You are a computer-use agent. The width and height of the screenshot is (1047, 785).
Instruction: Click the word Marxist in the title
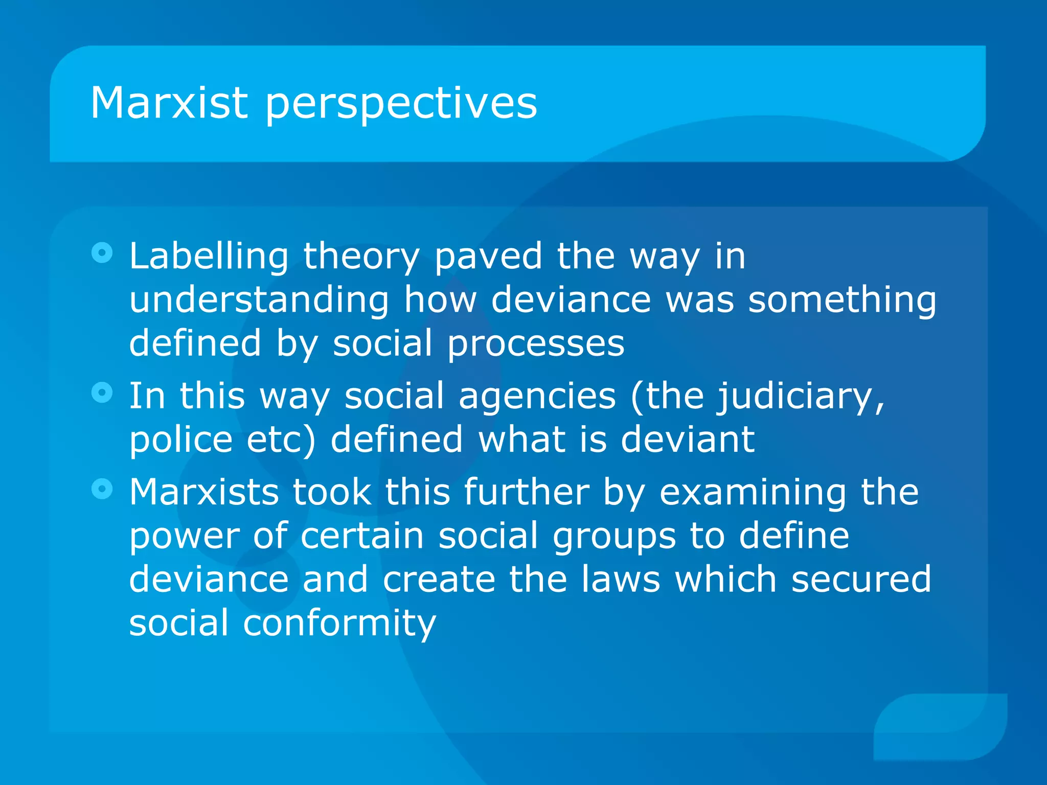(169, 103)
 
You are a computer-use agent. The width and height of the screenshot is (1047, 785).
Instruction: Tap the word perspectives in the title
(401, 104)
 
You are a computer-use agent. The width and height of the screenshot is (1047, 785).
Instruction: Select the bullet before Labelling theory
(102, 252)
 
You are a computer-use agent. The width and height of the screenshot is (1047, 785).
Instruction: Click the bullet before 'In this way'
(102, 392)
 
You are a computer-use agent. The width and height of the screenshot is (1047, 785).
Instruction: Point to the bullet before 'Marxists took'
(102, 489)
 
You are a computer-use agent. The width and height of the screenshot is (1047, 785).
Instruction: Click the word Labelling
(209, 257)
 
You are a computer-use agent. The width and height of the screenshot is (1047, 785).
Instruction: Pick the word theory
(361, 257)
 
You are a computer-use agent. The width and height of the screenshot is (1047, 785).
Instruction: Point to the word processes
(536, 344)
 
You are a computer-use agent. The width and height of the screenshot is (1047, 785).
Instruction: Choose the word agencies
(537, 397)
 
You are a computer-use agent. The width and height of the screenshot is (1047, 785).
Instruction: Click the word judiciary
(801, 397)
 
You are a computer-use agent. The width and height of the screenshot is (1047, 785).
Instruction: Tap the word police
(181, 440)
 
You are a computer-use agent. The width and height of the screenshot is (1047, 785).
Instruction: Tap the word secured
(861, 580)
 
